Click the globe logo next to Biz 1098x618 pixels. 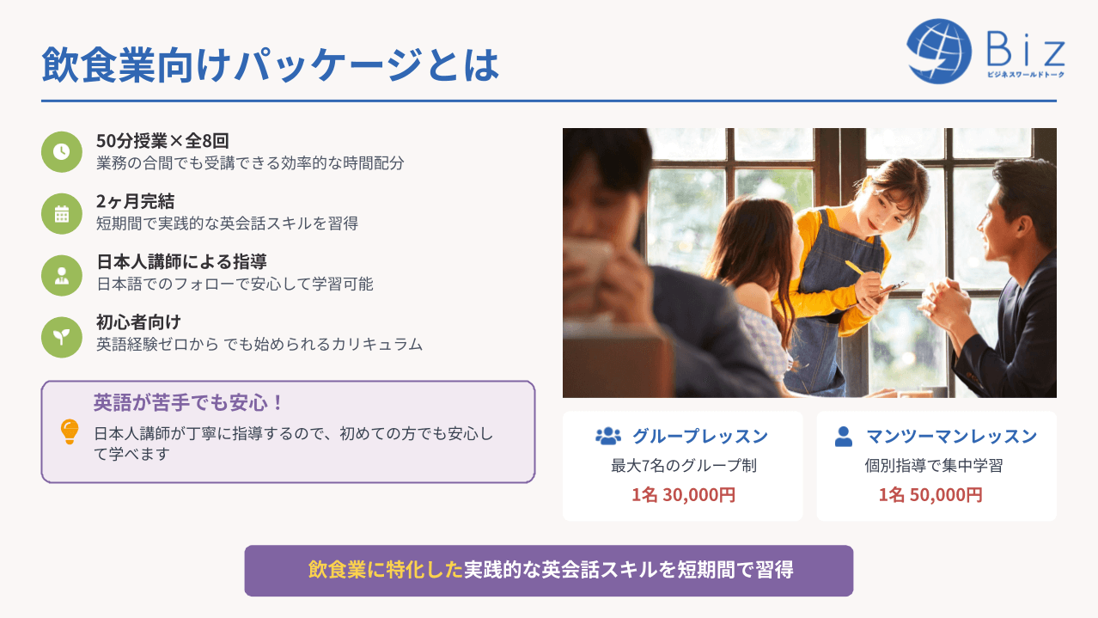(939, 52)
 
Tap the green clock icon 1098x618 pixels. (62, 151)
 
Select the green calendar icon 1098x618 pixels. (62, 214)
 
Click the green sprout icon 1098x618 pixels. (62, 337)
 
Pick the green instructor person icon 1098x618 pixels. (62, 275)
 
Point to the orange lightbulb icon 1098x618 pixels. (70, 431)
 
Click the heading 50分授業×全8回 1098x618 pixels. (162, 141)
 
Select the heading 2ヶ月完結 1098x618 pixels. (135, 201)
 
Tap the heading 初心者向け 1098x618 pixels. (138, 322)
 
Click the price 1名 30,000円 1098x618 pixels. (683, 495)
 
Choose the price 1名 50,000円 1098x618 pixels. (930, 495)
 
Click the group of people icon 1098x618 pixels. (608, 436)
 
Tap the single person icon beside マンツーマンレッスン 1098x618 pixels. (844, 437)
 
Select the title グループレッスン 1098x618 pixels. (700, 436)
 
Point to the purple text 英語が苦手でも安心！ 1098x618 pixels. (188, 402)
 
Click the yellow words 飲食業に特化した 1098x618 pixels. (385, 570)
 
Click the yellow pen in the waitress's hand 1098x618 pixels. (856, 268)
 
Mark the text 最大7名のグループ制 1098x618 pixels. (683, 466)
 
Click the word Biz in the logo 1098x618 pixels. (1026, 49)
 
